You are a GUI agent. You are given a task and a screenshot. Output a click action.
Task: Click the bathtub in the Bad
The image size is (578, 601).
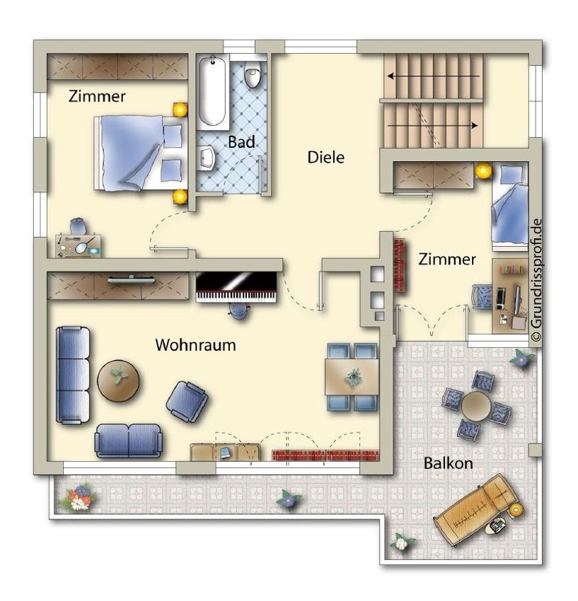pyautogui.click(x=212, y=91)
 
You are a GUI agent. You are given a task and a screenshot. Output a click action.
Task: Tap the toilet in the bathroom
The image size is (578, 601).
pyautogui.click(x=253, y=74)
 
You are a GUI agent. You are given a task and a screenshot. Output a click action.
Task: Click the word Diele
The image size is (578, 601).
pyautogui.click(x=325, y=157)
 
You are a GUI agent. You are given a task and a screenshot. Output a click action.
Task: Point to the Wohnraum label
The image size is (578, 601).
pyautogui.click(x=195, y=345)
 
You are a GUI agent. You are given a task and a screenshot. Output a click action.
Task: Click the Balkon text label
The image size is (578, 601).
pyautogui.click(x=448, y=463)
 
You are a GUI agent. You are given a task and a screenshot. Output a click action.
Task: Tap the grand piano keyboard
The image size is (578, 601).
pyautogui.click(x=236, y=297)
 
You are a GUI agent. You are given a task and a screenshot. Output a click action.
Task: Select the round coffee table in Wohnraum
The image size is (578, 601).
pyautogui.click(x=119, y=380)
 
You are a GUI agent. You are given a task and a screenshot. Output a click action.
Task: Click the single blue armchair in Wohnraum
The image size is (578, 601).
pyautogui.click(x=187, y=402)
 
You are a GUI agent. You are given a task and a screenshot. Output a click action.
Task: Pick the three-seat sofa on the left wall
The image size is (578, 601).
pyautogui.click(x=72, y=375)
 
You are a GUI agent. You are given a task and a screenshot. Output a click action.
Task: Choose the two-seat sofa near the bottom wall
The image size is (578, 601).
pyautogui.click(x=129, y=440)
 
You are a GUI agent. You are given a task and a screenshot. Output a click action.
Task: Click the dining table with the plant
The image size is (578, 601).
pyautogui.click(x=352, y=377)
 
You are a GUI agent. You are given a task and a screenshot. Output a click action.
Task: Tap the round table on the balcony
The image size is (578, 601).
pyautogui.click(x=476, y=407)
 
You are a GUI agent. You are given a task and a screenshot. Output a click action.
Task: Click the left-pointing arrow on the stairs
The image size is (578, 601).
pyautogui.click(x=434, y=76)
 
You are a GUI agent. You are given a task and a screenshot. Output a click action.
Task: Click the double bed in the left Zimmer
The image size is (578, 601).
pyautogui.click(x=141, y=153)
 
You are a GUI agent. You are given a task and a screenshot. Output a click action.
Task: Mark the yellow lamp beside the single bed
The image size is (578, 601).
pyautogui.click(x=483, y=170)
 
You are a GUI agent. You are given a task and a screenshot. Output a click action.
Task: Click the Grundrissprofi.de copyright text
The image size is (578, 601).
pyautogui.click(x=536, y=280)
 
